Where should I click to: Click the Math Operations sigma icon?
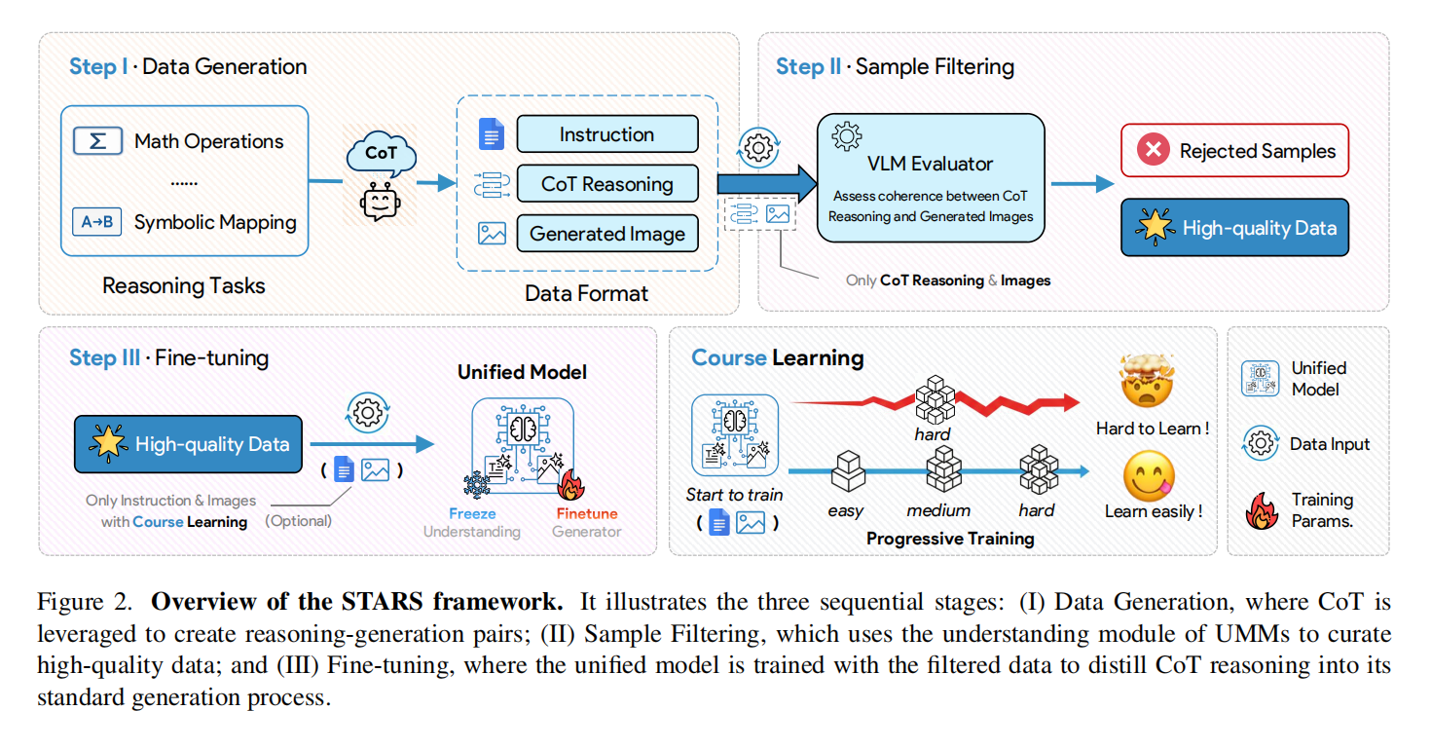[97, 140]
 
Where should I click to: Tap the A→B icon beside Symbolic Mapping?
[97, 222]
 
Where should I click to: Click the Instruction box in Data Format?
[606, 134]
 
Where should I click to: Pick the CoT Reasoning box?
[606, 184]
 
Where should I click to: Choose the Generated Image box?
[606, 234]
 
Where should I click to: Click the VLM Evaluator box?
[930, 177]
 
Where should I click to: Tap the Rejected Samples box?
[1234, 150]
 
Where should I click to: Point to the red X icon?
[1154, 150]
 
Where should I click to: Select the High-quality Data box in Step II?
[1234, 228]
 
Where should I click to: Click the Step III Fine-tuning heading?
[168, 357]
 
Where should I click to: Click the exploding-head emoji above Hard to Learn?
[1149, 383]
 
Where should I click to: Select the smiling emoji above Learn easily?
[1149, 476]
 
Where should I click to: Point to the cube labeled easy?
[846, 472]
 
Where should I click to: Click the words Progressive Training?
[950, 538]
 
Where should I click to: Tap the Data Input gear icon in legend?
[1261, 444]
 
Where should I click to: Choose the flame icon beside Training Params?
[1262, 508]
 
